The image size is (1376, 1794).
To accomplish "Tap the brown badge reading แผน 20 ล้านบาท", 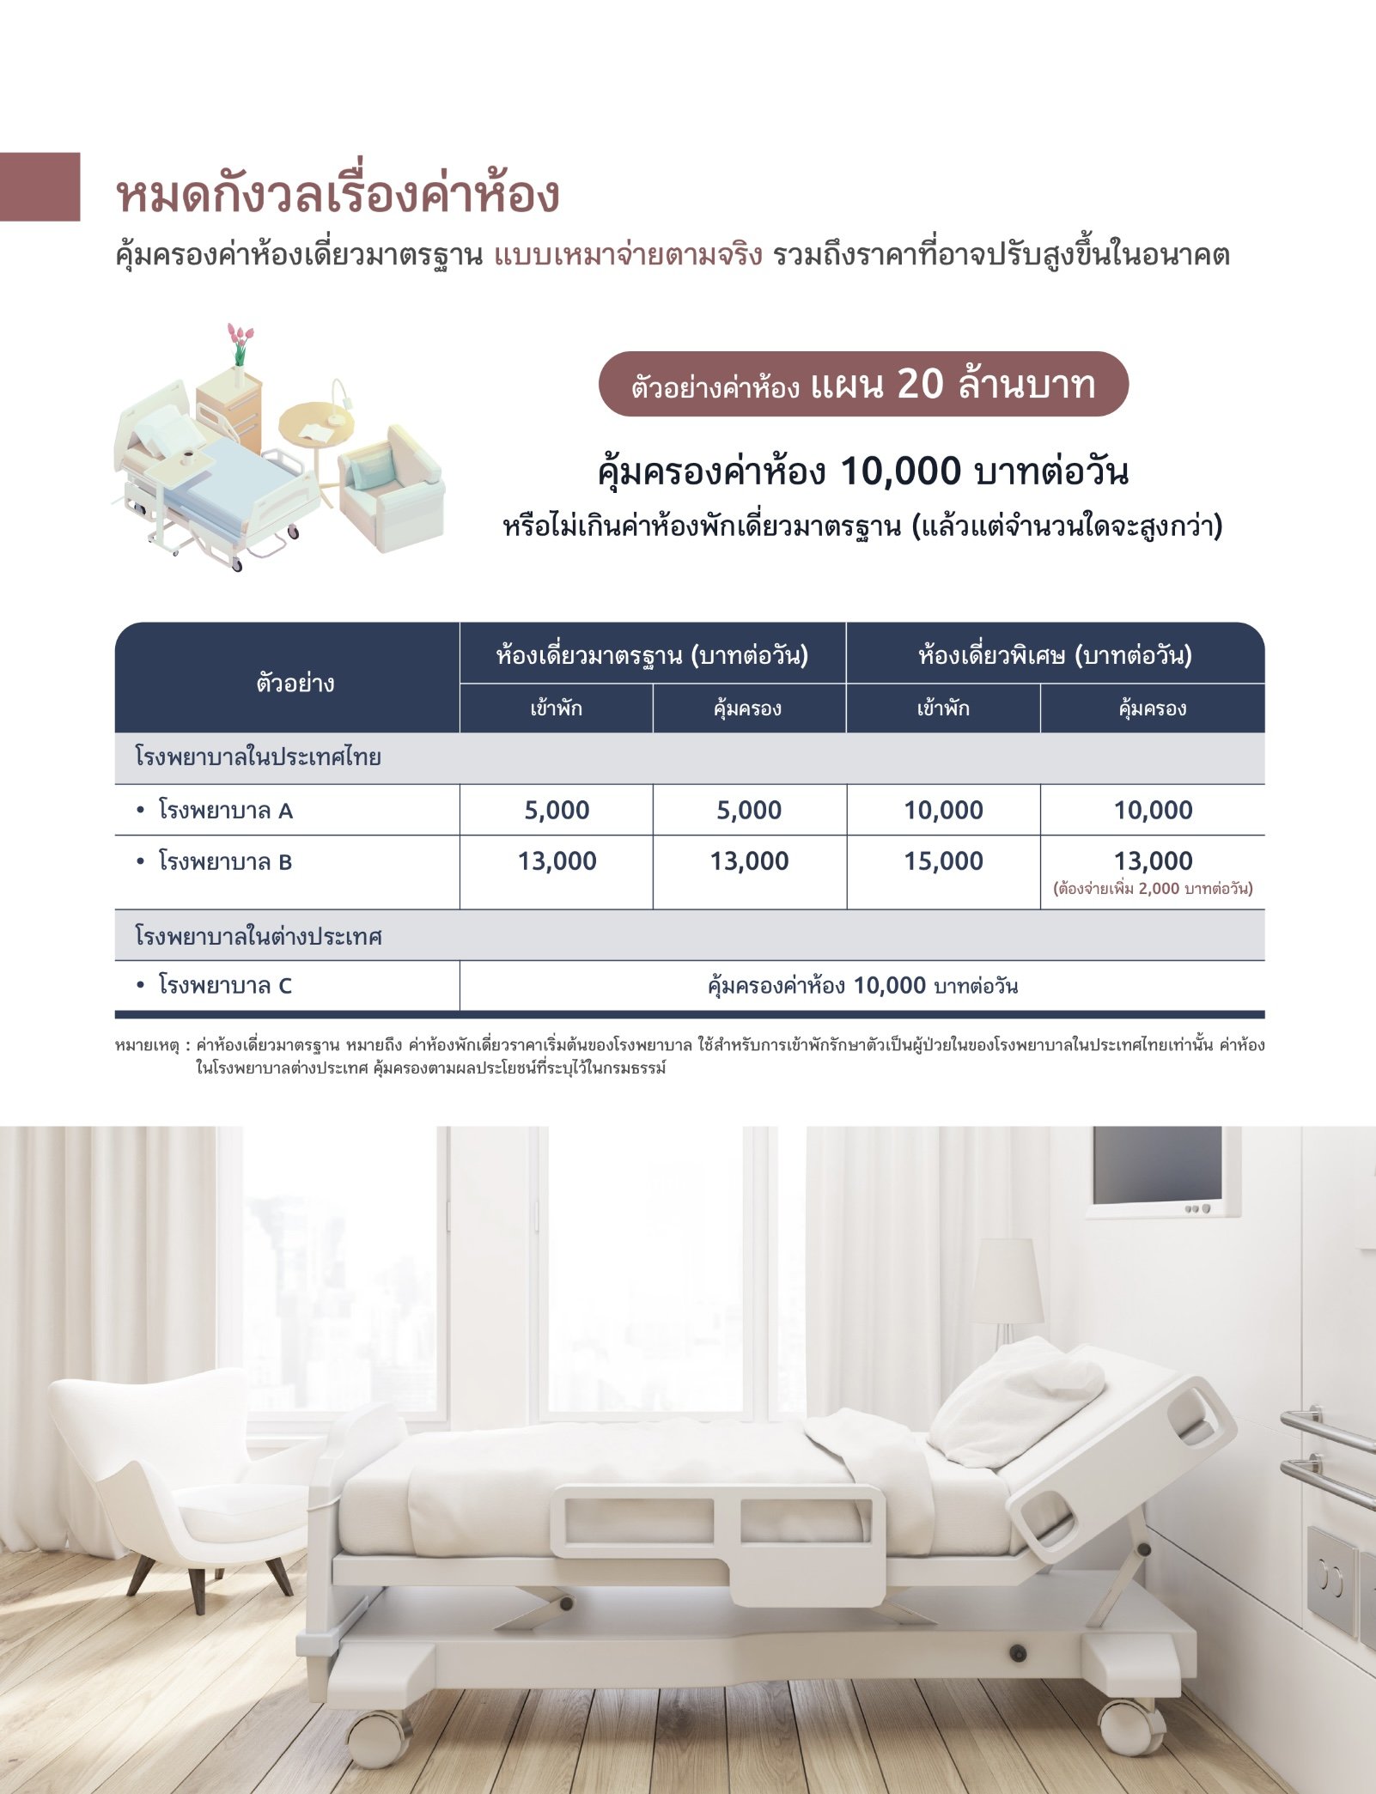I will (863, 384).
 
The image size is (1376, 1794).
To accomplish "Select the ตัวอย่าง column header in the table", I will (295, 684).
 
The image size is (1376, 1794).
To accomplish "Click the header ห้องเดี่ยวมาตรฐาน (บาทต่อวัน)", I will (652, 655).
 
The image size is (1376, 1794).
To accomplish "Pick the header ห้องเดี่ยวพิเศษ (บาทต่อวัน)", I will (1055, 655).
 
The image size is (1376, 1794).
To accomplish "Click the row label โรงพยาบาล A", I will (225, 810).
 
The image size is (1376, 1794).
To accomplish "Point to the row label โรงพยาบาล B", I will (225, 861).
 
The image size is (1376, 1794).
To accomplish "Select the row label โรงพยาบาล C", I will (225, 985).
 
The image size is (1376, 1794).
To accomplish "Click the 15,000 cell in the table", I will (943, 861).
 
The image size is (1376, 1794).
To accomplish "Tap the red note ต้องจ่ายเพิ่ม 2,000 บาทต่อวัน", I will (1153, 889).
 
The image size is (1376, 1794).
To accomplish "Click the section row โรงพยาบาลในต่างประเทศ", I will (259, 935).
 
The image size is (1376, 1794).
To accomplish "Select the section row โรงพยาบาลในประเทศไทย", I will (258, 757).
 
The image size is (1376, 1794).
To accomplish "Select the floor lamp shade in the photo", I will (1006, 1280).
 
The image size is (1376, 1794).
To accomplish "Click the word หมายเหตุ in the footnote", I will (147, 1045).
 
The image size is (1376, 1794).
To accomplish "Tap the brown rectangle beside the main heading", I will (40, 186).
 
